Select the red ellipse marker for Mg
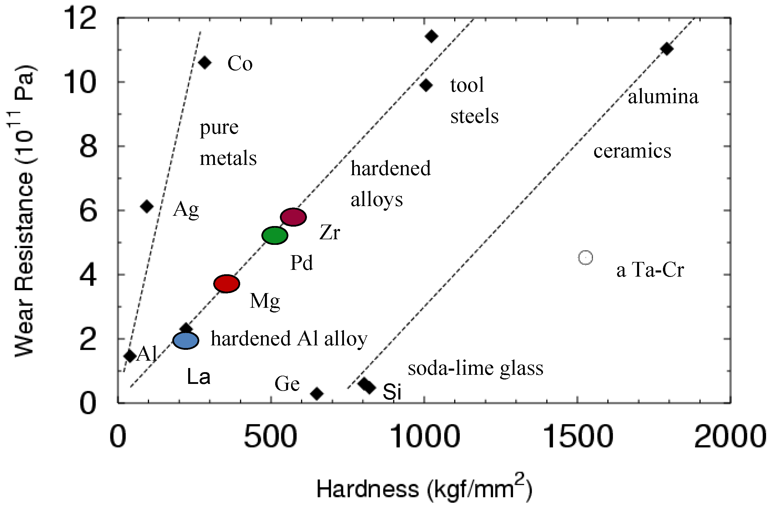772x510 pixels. click(x=227, y=284)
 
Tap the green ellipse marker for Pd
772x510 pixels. click(x=275, y=235)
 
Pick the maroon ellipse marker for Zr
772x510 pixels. click(x=293, y=217)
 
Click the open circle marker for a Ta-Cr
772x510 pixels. click(x=585, y=257)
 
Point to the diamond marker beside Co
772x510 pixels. click(x=205, y=62)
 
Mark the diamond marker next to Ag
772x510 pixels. click(x=147, y=206)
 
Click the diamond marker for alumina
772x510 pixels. click(x=666, y=49)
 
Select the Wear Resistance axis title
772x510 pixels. click(x=24, y=211)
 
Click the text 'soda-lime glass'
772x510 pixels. click(x=475, y=369)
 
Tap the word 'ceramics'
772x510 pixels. click(x=632, y=151)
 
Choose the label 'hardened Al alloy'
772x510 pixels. click(x=289, y=339)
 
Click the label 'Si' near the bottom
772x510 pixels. click(x=392, y=392)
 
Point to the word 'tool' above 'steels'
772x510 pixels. click(x=467, y=85)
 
